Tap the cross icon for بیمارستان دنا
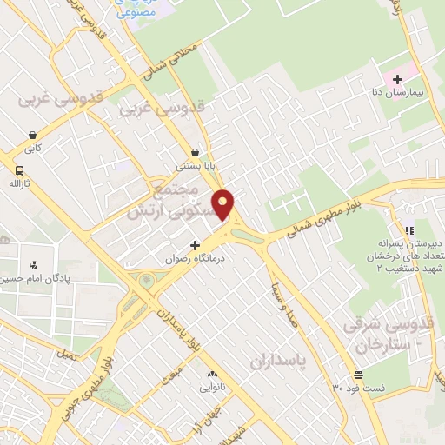tap(397, 80)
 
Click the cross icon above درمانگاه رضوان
tap(196, 246)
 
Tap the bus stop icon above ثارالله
tap(19, 169)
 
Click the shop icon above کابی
tap(32, 136)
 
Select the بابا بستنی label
tap(196, 164)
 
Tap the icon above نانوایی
tap(211, 375)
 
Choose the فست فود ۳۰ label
tap(358, 388)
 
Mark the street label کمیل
tap(65, 355)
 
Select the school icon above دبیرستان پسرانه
tap(409, 229)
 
